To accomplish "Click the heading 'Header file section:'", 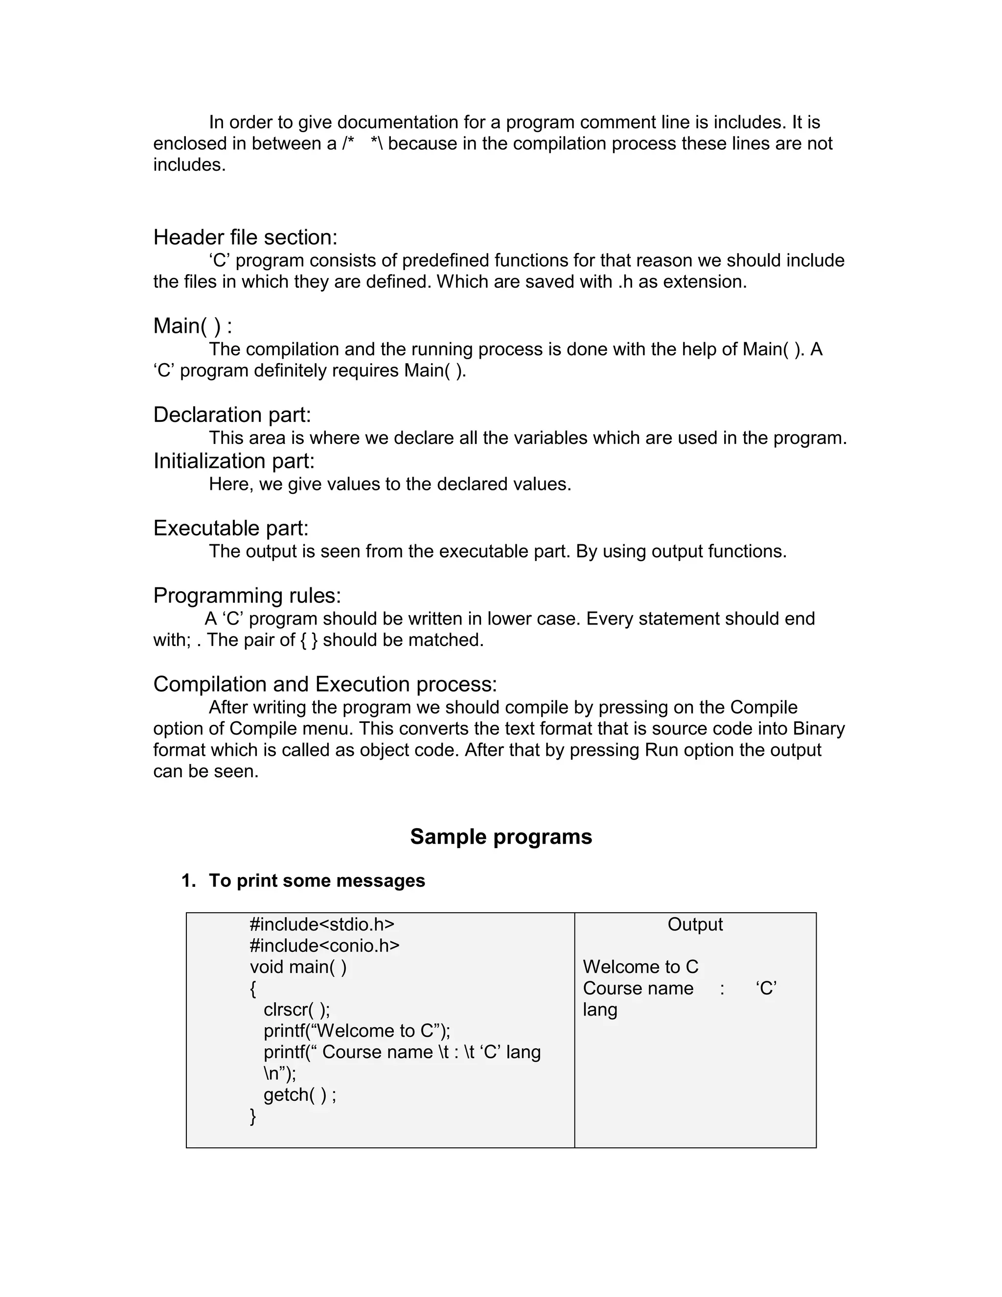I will (245, 237).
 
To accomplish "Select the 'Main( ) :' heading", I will (192, 326).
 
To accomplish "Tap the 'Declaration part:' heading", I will (232, 415).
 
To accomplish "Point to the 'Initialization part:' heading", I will (234, 461).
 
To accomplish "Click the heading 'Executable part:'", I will (231, 528).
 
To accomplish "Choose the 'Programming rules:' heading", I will (247, 595).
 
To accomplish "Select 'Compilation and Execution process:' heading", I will (325, 684).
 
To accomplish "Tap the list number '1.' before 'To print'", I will (189, 880).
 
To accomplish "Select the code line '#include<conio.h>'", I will (324, 946).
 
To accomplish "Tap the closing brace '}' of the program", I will (253, 1116).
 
